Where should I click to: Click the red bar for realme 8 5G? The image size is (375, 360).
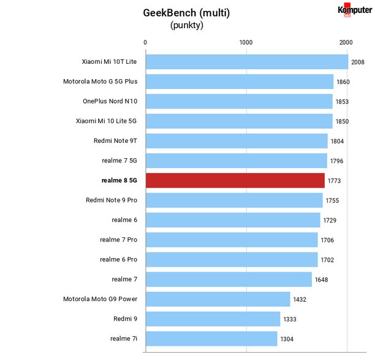pyautogui.click(x=235, y=180)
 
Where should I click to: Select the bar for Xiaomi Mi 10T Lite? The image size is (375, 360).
pyautogui.click(x=247, y=62)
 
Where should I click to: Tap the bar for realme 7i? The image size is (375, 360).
pyautogui.click(x=211, y=339)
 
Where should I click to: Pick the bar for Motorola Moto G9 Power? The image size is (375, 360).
pyautogui.click(x=218, y=299)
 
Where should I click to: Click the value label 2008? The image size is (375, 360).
pyautogui.click(x=358, y=62)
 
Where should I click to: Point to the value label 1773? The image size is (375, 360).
pyautogui.click(x=334, y=181)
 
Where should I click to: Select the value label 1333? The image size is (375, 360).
pyautogui.click(x=290, y=320)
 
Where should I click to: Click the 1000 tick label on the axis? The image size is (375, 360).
pyautogui.click(x=246, y=42)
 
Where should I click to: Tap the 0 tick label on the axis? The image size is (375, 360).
pyautogui.click(x=145, y=42)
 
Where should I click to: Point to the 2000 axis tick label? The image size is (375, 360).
pyautogui.click(x=346, y=42)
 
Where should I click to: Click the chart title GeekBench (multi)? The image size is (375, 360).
pyautogui.click(x=186, y=13)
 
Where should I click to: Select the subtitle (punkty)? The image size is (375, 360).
pyautogui.click(x=187, y=25)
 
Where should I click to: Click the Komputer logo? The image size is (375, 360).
pyautogui.click(x=355, y=10)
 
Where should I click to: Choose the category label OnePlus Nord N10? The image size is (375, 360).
pyautogui.click(x=110, y=101)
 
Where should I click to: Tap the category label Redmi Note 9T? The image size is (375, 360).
pyautogui.click(x=115, y=140)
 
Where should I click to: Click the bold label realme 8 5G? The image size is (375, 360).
pyautogui.click(x=119, y=180)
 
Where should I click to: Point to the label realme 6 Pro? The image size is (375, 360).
pyautogui.click(x=119, y=259)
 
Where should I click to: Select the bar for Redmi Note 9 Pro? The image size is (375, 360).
pyautogui.click(x=234, y=201)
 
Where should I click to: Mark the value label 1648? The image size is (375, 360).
pyautogui.click(x=321, y=280)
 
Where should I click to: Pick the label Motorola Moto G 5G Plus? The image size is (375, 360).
pyautogui.click(x=100, y=82)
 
